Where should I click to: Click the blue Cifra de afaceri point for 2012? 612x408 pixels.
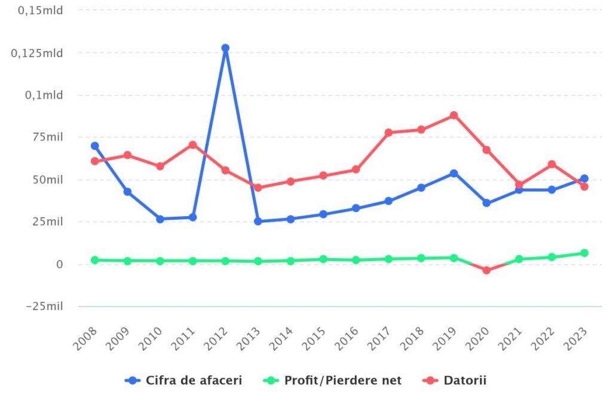click(x=225, y=48)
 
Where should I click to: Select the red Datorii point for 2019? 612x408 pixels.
click(x=454, y=115)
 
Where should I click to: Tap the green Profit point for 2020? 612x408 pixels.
click(x=486, y=270)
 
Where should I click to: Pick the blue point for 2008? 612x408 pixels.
click(x=95, y=146)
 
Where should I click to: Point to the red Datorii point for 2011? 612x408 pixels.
click(x=193, y=145)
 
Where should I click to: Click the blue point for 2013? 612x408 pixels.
click(x=258, y=221)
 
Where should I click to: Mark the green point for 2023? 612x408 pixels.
click(x=584, y=253)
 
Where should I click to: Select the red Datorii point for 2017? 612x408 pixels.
click(x=388, y=133)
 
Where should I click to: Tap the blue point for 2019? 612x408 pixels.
click(x=454, y=173)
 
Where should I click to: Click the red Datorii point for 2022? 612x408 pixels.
click(x=552, y=164)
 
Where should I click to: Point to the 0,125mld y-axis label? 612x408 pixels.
click(x=37, y=53)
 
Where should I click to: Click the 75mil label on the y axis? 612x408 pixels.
click(x=47, y=137)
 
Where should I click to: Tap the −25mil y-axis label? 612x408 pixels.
click(x=44, y=306)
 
